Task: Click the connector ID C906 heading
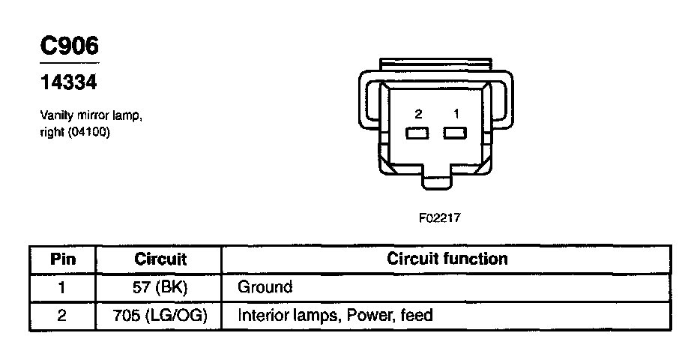point(69,46)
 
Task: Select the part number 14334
point(68,82)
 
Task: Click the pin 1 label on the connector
point(454,114)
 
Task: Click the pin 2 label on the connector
point(418,114)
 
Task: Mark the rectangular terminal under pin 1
point(454,133)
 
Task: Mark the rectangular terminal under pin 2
point(417,133)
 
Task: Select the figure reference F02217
point(439,218)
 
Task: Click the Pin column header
point(63,259)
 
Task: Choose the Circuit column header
point(160,259)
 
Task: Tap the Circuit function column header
point(447,259)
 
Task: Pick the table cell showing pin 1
point(63,287)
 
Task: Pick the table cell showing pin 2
point(63,316)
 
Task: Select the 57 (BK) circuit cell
point(160,287)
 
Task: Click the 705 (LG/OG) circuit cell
point(160,316)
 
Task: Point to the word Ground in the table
point(265,287)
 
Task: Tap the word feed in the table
point(417,316)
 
